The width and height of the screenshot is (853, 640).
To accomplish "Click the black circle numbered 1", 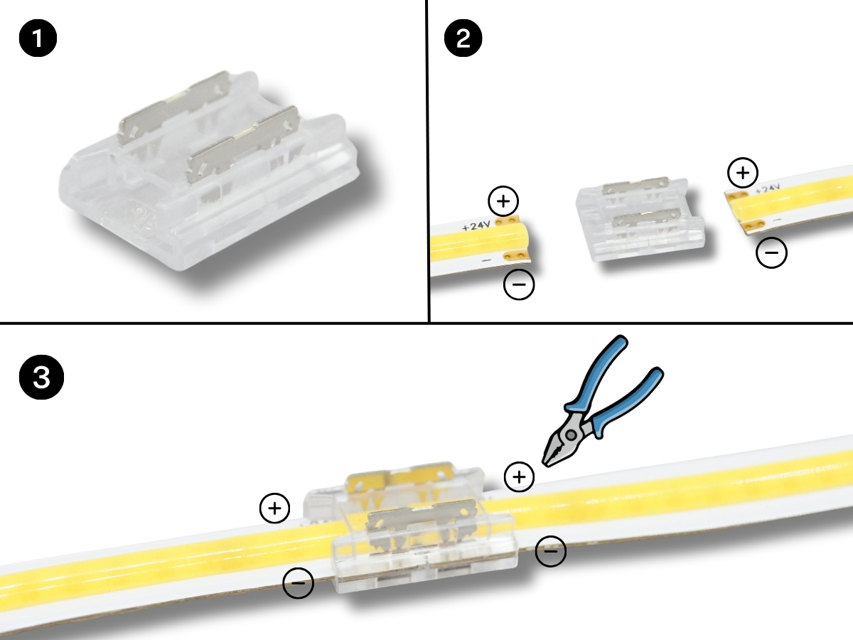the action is pyautogui.click(x=38, y=38).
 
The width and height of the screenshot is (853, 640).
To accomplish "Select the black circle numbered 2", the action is pyautogui.click(x=463, y=38).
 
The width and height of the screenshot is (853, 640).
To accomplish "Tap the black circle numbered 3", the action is pyautogui.click(x=41, y=377).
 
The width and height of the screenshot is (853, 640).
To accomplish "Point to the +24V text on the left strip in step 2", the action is pyautogui.click(x=476, y=225).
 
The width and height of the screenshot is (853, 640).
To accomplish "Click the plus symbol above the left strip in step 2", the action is pyautogui.click(x=503, y=201).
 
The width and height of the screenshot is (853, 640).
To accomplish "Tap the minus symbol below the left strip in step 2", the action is pyautogui.click(x=519, y=284).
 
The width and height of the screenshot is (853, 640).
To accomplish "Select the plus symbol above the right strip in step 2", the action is pyautogui.click(x=742, y=173).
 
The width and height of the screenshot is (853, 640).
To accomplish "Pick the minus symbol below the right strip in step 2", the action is pyautogui.click(x=771, y=252).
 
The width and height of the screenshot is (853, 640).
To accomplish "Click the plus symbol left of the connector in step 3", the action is pyautogui.click(x=274, y=508).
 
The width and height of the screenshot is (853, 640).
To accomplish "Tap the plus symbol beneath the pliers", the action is pyautogui.click(x=519, y=476).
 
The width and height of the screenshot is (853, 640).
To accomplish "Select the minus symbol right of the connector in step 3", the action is pyautogui.click(x=551, y=551).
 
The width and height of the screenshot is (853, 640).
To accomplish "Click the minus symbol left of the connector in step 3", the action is pyautogui.click(x=298, y=583).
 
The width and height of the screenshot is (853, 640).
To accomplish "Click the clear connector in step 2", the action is pyautogui.click(x=640, y=219).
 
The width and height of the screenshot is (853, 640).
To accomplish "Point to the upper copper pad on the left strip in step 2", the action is pyautogui.click(x=507, y=220).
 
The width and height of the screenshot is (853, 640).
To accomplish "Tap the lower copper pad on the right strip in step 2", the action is pyautogui.click(x=753, y=225).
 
